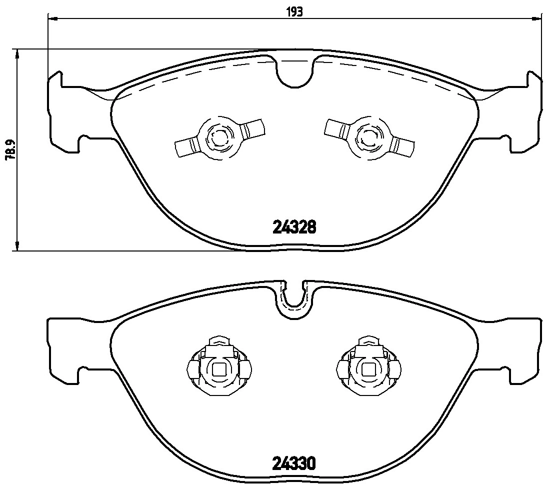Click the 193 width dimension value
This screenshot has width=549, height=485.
[295, 11]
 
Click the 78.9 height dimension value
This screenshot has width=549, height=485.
[9, 149]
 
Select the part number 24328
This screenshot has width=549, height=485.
[294, 227]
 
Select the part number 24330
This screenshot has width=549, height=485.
[294, 464]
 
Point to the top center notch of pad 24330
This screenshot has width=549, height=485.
[294, 302]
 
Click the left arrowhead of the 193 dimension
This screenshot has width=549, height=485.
[51, 18]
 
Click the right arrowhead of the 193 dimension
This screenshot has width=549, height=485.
[538, 18]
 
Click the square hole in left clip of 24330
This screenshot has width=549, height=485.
[218, 370]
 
